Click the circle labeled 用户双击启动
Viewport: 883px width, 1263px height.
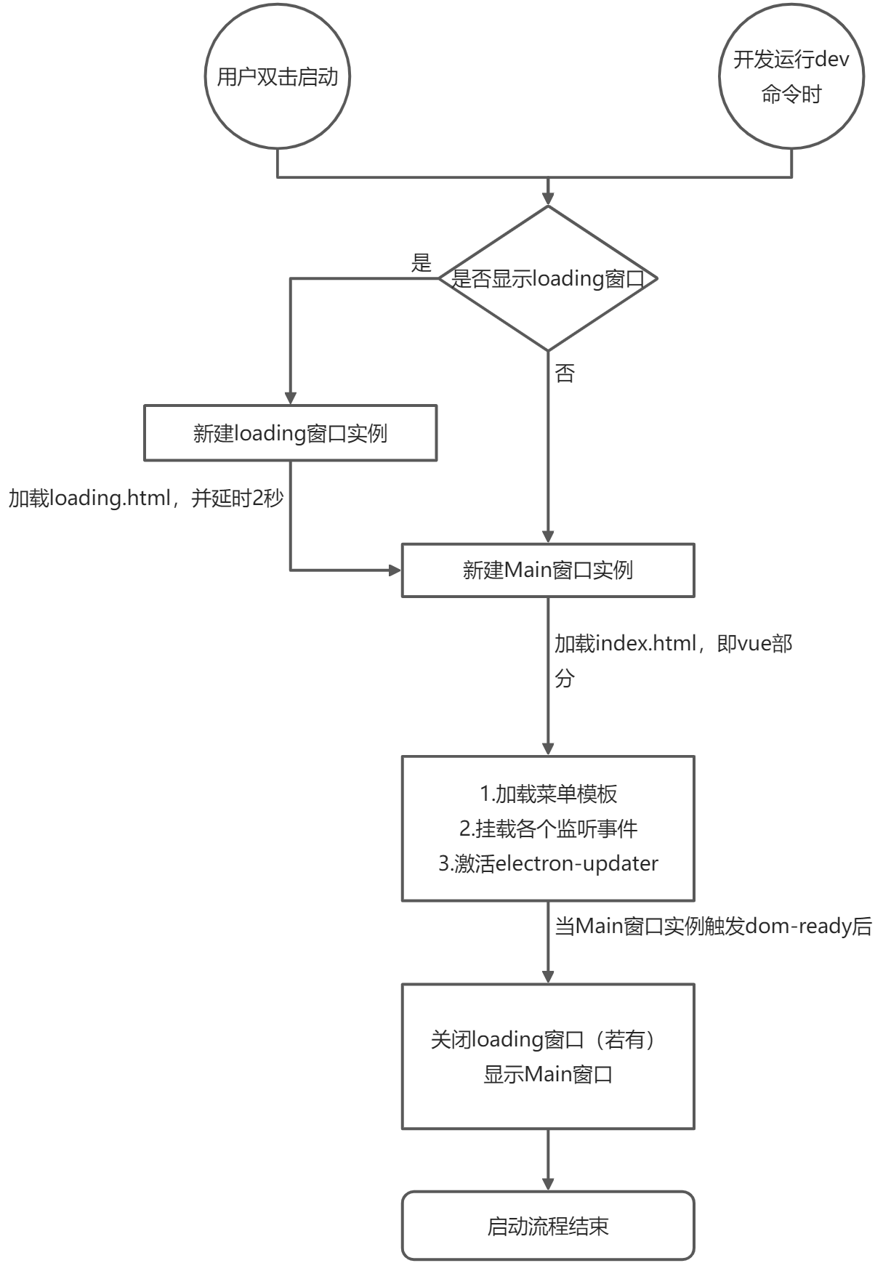pyautogui.click(x=277, y=77)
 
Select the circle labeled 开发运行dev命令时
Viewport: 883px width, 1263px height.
pyautogui.click(x=791, y=77)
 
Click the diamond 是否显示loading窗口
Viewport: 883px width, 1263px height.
pyautogui.click(x=548, y=278)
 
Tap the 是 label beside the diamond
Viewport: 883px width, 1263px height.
pyautogui.click(x=422, y=262)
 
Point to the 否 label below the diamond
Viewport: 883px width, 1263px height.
pyautogui.click(x=565, y=374)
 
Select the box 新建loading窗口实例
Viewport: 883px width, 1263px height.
pyautogui.click(x=290, y=433)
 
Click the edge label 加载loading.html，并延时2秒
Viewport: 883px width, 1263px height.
pyautogui.click(x=146, y=499)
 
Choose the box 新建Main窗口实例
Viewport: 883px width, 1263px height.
pyautogui.click(x=548, y=570)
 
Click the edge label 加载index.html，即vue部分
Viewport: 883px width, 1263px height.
pyautogui.click(x=673, y=660)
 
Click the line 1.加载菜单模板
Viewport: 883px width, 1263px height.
pyautogui.click(x=549, y=794)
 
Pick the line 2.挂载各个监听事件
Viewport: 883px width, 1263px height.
pyautogui.click(x=549, y=828)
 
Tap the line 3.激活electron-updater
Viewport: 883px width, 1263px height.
pyautogui.click(x=549, y=863)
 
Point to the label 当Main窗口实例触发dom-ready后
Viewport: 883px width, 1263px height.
pyautogui.click(x=713, y=927)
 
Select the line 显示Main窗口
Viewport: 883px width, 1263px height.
pyautogui.click(x=549, y=1074)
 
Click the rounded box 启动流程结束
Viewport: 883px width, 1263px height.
pyautogui.click(x=548, y=1225)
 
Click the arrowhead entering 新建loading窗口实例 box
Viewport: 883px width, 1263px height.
pyautogui.click(x=291, y=398)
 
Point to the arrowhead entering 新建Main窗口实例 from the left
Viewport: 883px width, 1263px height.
pyautogui.click(x=395, y=570)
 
